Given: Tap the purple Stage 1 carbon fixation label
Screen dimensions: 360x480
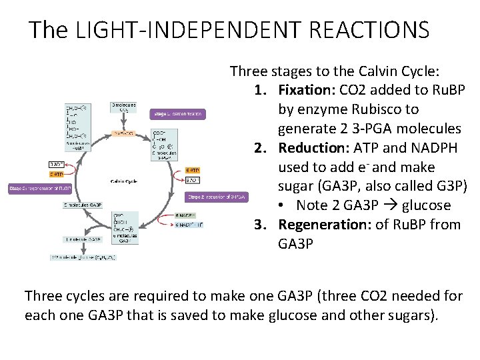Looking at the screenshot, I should pyautogui.click(x=177, y=114).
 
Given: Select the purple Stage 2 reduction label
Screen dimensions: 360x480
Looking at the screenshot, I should pyautogui.click(x=217, y=197).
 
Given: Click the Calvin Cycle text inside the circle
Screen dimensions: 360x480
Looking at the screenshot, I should pyautogui.click(x=124, y=181).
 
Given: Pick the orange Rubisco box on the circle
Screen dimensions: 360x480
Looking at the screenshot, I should pyautogui.click(x=124, y=133).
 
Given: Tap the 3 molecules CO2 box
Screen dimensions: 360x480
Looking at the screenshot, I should pyautogui.click(x=123, y=107).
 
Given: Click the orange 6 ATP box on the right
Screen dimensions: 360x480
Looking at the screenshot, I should pyautogui.click(x=193, y=170).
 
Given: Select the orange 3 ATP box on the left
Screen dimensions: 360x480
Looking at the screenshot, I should pyautogui.click(x=57, y=174).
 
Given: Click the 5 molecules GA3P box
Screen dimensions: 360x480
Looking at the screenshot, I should pyautogui.click(x=83, y=205).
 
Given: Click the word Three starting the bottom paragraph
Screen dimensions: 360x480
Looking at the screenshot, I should pyautogui.click(x=43, y=296).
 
